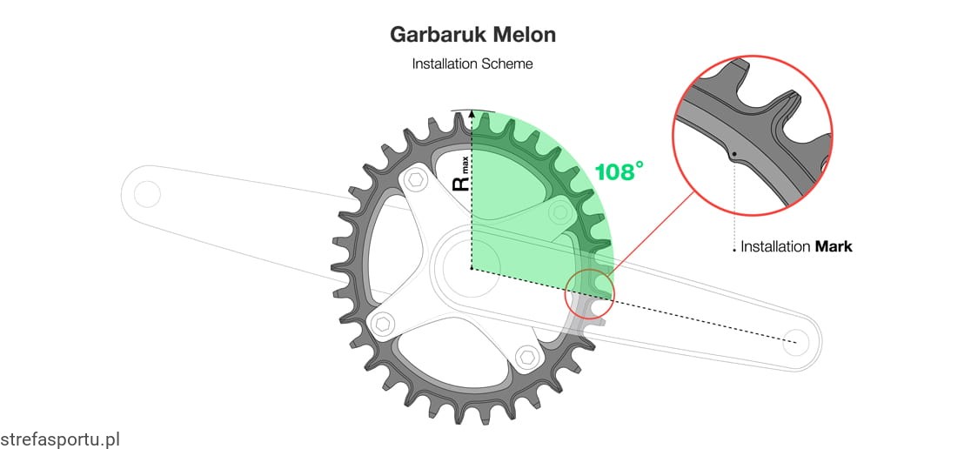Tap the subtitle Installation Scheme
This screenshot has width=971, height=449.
click(472, 64)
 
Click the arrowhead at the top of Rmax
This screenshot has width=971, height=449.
click(472, 114)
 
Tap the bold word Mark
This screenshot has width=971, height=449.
click(834, 246)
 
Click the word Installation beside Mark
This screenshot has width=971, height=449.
click(775, 246)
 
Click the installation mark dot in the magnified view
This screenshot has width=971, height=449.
click(735, 154)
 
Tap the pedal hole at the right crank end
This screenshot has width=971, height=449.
click(793, 341)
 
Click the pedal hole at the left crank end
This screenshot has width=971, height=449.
click(146, 193)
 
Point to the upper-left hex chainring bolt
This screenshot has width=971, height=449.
click(414, 181)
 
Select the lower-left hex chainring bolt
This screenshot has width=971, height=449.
click(382, 325)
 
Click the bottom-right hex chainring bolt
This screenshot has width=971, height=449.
click(525, 357)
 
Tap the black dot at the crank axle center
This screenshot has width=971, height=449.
click(472, 269)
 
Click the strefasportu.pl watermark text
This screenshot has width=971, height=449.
click(59, 439)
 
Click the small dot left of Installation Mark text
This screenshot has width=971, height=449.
click(735, 250)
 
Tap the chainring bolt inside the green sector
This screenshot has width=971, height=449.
click(557, 212)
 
